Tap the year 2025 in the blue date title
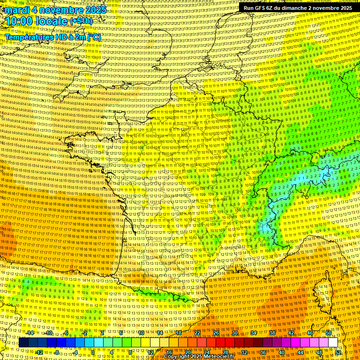tap(93, 10)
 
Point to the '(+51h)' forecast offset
tap(81, 22)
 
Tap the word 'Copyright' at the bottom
tap(179, 356)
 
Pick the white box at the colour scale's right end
tap(333, 343)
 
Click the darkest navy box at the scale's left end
tap(23, 343)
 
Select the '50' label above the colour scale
tap(328, 333)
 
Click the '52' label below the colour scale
tap(338, 352)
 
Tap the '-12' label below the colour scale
tap(39, 352)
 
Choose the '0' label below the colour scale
tap(93, 352)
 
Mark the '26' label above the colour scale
tap(216, 333)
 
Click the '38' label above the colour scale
tap(272, 333)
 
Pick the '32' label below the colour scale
tap(244, 352)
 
